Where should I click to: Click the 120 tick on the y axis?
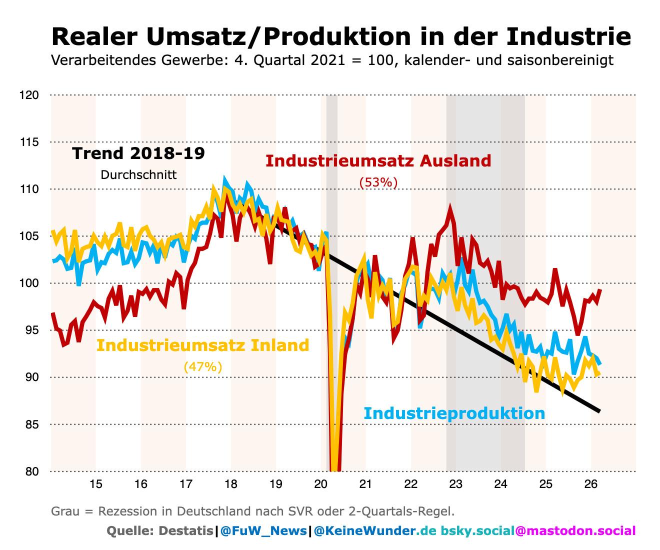pyautogui.click(x=29, y=95)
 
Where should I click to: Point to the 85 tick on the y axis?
pyautogui.click(x=32, y=424)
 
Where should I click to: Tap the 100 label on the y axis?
pyautogui.click(x=29, y=283)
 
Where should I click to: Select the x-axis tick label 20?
pyautogui.click(x=320, y=484)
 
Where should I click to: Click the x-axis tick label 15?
pyautogui.click(x=96, y=484)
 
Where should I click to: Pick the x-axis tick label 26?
pyautogui.click(x=590, y=484)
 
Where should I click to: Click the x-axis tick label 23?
pyautogui.click(x=455, y=484)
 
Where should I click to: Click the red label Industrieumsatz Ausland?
pyautogui.click(x=378, y=160)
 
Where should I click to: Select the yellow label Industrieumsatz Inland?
pyautogui.click(x=202, y=345)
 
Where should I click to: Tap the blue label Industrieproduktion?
pyautogui.click(x=454, y=413)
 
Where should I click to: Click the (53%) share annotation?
pyautogui.click(x=378, y=182)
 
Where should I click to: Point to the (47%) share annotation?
pyautogui.click(x=202, y=366)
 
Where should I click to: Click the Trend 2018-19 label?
pyautogui.click(x=138, y=153)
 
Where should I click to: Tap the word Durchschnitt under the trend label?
pyautogui.click(x=138, y=175)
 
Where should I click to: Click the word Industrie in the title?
pyautogui.click(x=568, y=36)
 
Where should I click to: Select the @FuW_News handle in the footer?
pyautogui.click(x=263, y=531)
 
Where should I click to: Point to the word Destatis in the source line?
pyautogui.click(x=186, y=531)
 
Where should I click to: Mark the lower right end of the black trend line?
pyautogui.click(x=599, y=411)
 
